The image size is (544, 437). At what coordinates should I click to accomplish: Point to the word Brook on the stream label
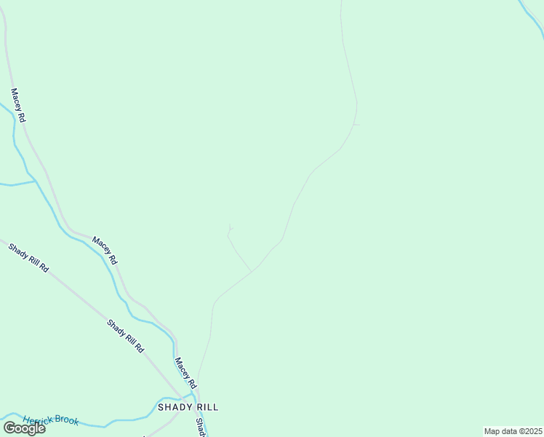coord(68,421)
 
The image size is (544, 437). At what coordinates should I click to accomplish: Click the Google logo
coord(24,428)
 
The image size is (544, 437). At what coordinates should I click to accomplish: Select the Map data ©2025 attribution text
coord(513,431)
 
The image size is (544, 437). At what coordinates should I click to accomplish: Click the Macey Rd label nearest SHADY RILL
coord(185,373)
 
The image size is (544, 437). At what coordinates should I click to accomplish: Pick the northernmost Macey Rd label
coord(18,106)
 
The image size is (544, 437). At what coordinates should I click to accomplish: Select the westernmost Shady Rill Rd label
coord(28,259)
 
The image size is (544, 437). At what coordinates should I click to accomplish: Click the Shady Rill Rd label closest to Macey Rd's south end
coord(125,336)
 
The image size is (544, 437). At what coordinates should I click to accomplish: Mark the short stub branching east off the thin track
coord(357,125)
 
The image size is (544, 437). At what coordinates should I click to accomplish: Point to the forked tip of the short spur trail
coord(231,227)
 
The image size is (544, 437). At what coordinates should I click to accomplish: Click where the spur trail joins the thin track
coord(252,272)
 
